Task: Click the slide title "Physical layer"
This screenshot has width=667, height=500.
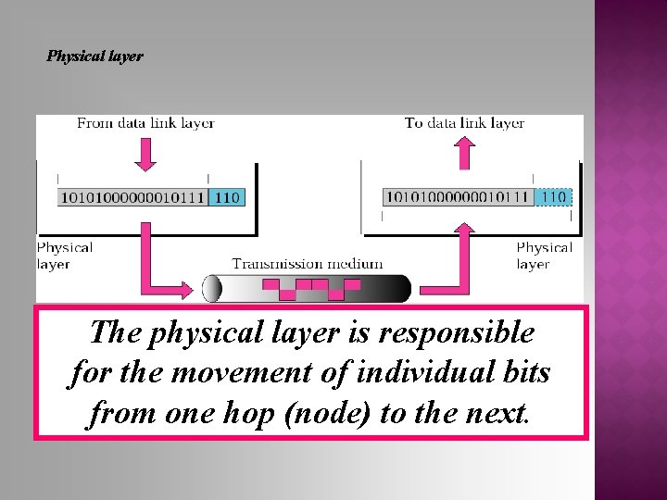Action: (x=95, y=56)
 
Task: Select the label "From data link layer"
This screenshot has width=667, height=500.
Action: (x=145, y=123)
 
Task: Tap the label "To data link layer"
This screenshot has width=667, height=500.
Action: (x=464, y=123)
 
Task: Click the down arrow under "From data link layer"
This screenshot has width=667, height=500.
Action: (x=145, y=154)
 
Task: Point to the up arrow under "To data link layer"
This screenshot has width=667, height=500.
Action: (x=465, y=153)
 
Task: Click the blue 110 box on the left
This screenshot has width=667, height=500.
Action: (x=227, y=196)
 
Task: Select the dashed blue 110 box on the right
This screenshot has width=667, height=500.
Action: (x=554, y=196)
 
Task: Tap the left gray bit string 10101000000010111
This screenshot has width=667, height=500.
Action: (x=132, y=196)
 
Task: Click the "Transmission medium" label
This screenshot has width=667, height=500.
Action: (x=307, y=264)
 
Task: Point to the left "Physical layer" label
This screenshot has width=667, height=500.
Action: (x=64, y=256)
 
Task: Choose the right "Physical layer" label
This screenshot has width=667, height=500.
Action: (x=544, y=256)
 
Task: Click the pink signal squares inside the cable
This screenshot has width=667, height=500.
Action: (x=310, y=289)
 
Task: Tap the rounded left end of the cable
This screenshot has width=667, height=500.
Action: (x=212, y=289)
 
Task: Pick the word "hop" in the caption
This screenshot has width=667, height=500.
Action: (x=248, y=413)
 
